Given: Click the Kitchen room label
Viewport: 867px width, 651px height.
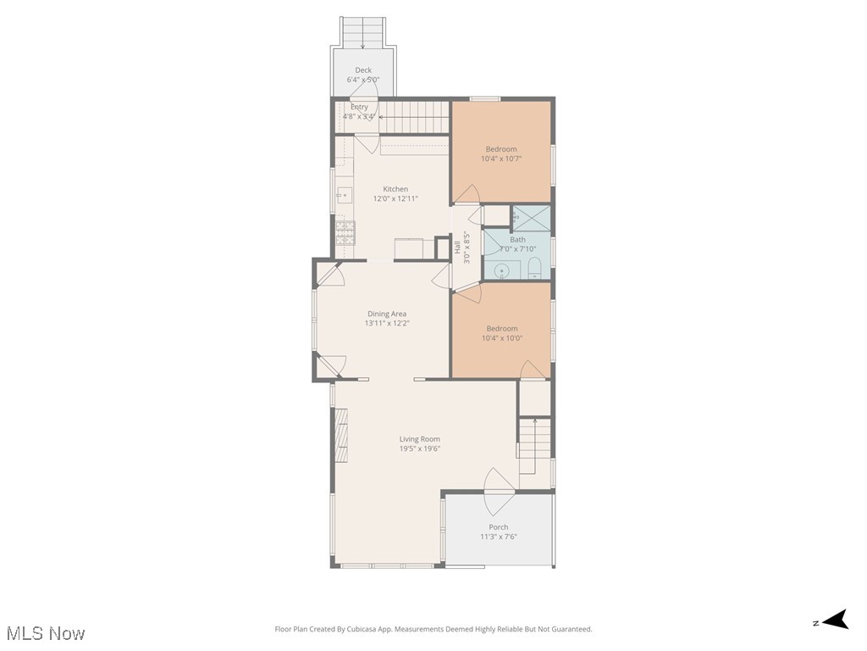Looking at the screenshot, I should pos(395,189).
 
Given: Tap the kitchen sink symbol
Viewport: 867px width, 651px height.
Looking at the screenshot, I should pos(344,196).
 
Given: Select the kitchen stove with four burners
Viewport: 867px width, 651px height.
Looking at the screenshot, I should pos(345,232).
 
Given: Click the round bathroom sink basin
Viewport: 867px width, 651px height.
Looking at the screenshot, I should pos(502,271).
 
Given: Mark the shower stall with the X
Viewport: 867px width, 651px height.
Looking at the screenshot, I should pos(532,217).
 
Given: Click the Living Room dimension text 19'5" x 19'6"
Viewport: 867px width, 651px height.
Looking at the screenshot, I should pos(420,449).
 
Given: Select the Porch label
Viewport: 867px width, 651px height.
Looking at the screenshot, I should pos(499,527).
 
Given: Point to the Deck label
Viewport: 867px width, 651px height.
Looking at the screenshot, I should pos(363,70).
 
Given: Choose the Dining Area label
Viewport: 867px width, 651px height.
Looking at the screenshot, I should pos(387,314).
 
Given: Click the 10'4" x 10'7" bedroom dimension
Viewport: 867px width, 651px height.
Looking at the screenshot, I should pos(501,159).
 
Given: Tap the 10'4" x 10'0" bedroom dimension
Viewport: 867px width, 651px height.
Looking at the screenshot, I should pos(502,337).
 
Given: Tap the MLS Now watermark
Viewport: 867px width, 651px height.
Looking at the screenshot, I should pos(46,633).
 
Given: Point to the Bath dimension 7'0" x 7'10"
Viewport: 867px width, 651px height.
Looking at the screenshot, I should pos(517,249).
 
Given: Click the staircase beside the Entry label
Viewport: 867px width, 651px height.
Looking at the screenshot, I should pos(412,117).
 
